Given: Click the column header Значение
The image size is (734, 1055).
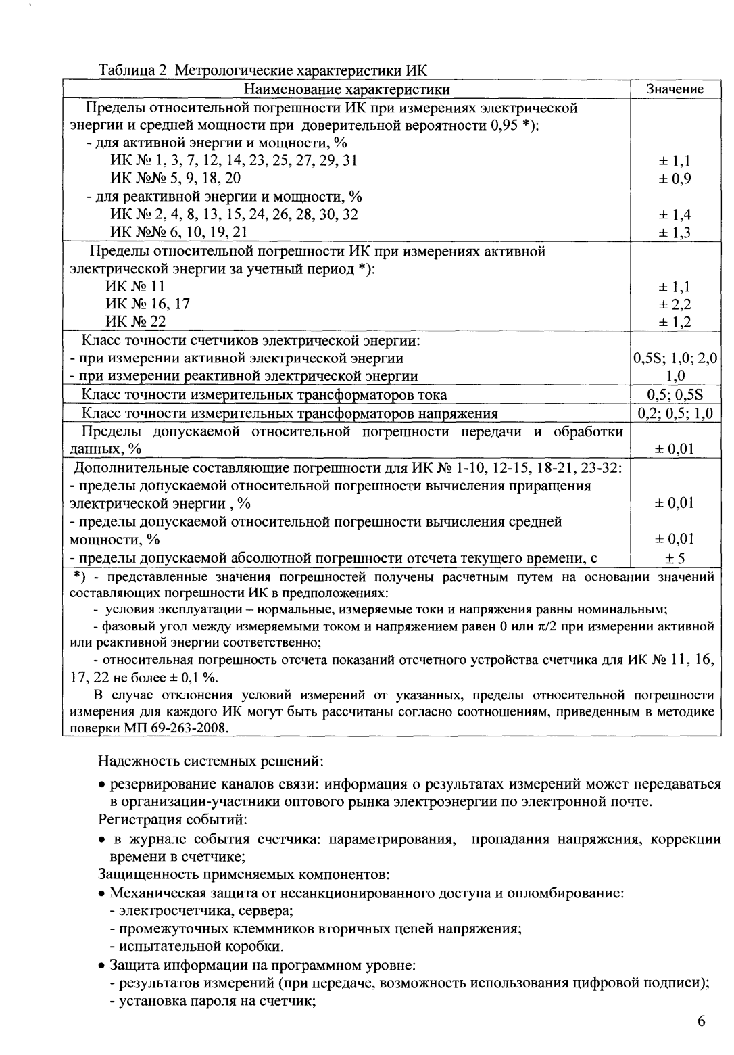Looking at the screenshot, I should [x=674, y=89].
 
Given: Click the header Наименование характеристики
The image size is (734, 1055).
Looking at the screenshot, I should [x=347, y=89].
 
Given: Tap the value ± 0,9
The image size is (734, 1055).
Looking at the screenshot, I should [x=674, y=179].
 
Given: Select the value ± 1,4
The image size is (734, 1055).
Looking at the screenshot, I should [x=674, y=215].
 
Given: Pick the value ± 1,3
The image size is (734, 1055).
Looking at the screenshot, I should [x=674, y=233].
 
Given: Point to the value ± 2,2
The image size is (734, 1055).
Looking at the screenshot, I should [x=674, y=304].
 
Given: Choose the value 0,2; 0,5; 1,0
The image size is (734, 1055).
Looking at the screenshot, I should [x=674, y=413].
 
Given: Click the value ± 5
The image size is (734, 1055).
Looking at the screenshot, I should [x=674, y=558].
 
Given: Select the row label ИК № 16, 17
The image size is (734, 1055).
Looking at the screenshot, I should [x=147, y=304].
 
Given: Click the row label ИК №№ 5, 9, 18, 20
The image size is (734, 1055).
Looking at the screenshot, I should [x=175, y=179].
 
